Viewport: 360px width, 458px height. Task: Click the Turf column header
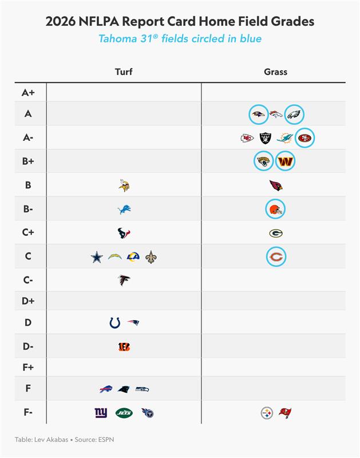pyautogui.click(x=124, y=72)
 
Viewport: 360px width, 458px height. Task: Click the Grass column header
pyautogui.click(x=275, y=72)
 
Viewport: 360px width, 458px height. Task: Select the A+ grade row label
pyautogui.click(x=27, y=92)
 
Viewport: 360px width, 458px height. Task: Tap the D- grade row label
pyautogui.click(x=27, y=346)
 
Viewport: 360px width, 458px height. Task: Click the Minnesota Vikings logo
pyautogui.click(x=124, y=185)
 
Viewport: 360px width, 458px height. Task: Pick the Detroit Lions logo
pyautogui.click(x=124, y=210)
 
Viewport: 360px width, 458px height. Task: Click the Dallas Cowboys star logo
pyautogui.click(x=97, y=257)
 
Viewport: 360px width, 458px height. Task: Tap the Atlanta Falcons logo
pyautogui.click(x=124, y=281)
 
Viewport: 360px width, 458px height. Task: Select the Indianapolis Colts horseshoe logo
pyautogui.click(x=115, y=323)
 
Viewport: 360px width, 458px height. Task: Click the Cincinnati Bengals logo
pyautogui.click(x=124, y=346)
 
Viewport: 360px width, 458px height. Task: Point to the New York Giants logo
pyautogui.click(x=101, y=413)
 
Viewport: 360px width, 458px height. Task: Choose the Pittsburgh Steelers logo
pyautogui.click(x=267, y=413)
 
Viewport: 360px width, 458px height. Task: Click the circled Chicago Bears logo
pyautogui.click(x=276, y=257)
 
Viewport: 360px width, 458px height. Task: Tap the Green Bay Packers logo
pyautogui.click(x=276, y=233)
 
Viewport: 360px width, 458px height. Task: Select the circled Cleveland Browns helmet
pyautogui.click(x=276, y=210)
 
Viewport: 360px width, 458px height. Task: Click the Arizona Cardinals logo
pyautogui.click(x=276, y=185)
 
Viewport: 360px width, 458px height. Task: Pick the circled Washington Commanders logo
pyautogui.click(x=285, y=161)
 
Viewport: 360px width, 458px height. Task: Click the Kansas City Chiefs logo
pyautogui.click(x=247, y=138)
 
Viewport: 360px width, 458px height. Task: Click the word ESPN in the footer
pyautogui.click(x=90, y=439)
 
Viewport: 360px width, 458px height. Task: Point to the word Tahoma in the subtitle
pyautogui.click(x=118, y=39)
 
